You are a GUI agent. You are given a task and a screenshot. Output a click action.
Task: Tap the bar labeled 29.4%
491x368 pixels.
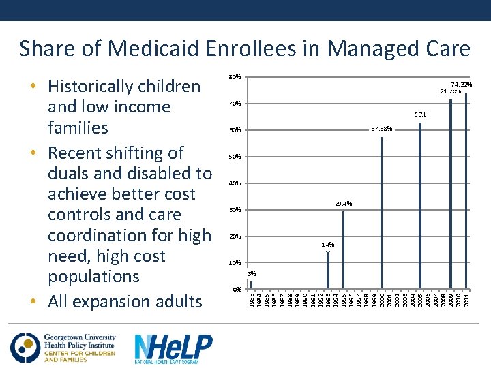[x=344, y=249]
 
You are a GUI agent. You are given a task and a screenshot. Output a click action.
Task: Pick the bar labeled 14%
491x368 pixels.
[x=328, y=270]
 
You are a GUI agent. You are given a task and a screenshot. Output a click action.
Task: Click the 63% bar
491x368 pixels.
[x=420, y=205]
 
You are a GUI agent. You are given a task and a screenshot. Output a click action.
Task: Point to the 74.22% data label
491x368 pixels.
[x=462, y=85]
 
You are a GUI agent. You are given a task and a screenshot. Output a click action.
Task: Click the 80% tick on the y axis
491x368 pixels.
[x=234, y=77]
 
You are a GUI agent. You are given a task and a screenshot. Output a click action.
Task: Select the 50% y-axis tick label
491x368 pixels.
[x=234, y=157]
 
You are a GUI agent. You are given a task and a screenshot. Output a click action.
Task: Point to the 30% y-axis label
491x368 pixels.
[x=234, y=210]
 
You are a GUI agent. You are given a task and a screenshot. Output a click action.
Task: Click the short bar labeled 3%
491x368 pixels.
[x=251, y=285]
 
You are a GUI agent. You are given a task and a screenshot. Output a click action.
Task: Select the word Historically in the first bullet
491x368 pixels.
[x=90, y=87]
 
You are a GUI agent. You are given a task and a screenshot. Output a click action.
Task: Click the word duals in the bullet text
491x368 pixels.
[x=71, y=174]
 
